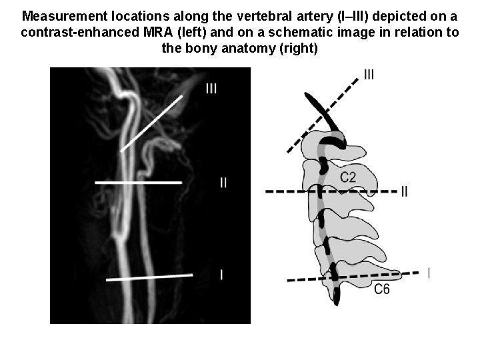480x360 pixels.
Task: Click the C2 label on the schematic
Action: (x=348, y=177)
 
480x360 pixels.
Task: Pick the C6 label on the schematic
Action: (x=381, y=289)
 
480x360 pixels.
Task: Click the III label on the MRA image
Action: (x=211, y=88)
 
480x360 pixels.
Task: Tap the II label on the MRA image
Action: (x=223, y=182)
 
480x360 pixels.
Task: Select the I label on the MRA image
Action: (x=221, y=274)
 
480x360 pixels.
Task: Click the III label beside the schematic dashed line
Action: (x=369, y=75)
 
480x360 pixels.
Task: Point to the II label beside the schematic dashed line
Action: (x=405, y=191)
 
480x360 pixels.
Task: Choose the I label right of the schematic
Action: (x=428, y=273)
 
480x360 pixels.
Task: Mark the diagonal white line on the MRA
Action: (x=151, y=123)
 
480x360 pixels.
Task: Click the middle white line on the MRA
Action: (x=139, y=182)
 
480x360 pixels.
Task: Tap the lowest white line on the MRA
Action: (x=149, y=277)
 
